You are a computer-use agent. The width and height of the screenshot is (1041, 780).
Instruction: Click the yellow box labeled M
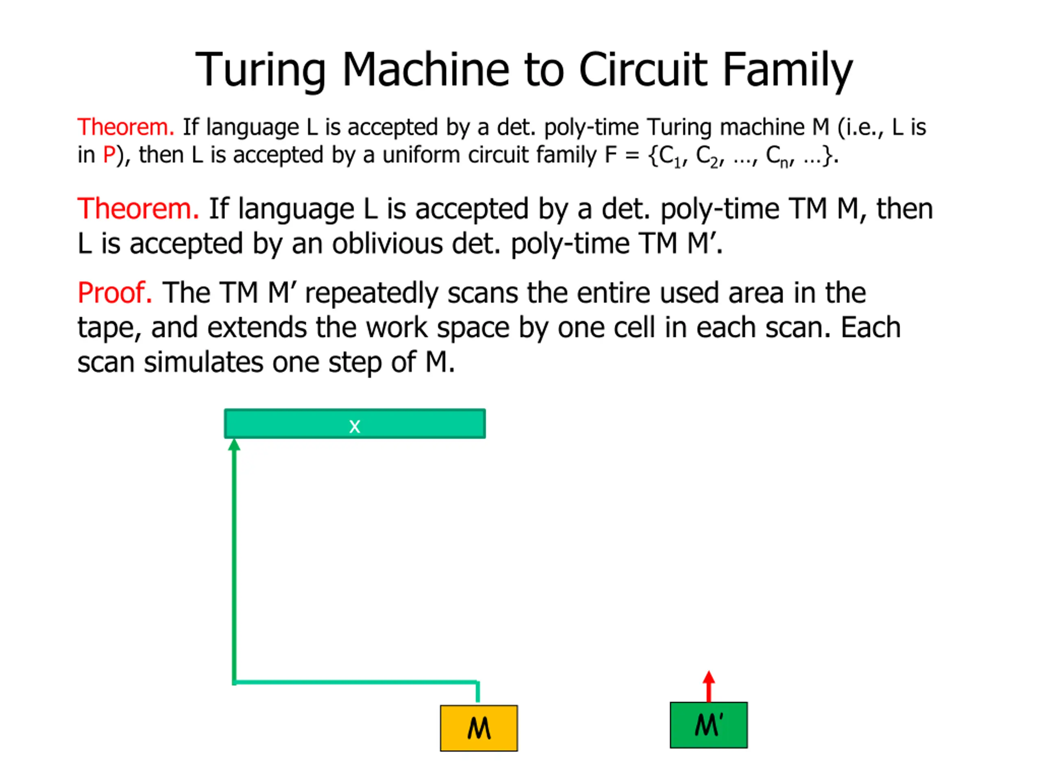click(x=479, y=728)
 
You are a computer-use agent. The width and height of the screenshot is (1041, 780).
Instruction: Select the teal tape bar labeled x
click(x=354, y=424)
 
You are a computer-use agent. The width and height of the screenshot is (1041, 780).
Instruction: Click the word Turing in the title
click(x=260, y=71)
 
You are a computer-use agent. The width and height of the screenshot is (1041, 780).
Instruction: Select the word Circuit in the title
click(x=642, y=71)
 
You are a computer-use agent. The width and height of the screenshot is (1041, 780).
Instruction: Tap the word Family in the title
click(x=787, y=71)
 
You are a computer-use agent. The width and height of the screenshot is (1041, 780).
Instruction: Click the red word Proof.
click(x=114, y=293)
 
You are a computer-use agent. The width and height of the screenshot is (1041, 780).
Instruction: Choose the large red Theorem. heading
click(x=138, y=209)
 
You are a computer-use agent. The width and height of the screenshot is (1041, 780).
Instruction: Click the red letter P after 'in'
click(x=109, y=155)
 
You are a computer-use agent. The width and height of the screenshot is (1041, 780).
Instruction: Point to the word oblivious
click(x=387, y=244)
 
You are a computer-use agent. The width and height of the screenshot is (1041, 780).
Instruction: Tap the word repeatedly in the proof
click(x=371, y=293)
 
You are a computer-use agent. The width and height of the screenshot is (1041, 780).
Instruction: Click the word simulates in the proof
click(x=203, y=362)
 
